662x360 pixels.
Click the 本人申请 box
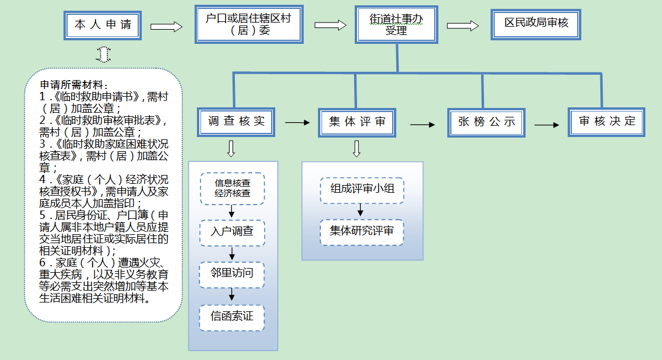click(x=103, y=25)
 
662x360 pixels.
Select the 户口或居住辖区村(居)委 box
click(x=249, y=24)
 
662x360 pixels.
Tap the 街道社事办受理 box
click(x=396, y=25)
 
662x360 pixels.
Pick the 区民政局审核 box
click(x=536, y=24)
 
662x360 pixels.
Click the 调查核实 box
click(x=236, y=122)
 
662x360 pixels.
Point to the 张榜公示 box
click(x=486, y=123)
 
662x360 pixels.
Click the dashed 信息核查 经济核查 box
click(x=232, y=188)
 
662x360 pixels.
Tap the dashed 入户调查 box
click(x=232, y=231)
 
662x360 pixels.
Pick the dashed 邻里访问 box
click(x=232, y=274)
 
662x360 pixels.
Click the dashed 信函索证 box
click(x=232, y=317)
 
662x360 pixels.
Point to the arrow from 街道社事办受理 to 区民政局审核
click(x=463, y=26)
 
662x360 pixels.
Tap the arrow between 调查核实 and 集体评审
click(x=297, y=123)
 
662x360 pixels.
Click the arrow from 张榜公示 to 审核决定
click(x=546, y=125)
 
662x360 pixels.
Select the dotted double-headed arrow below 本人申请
click(x=103, y=54)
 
